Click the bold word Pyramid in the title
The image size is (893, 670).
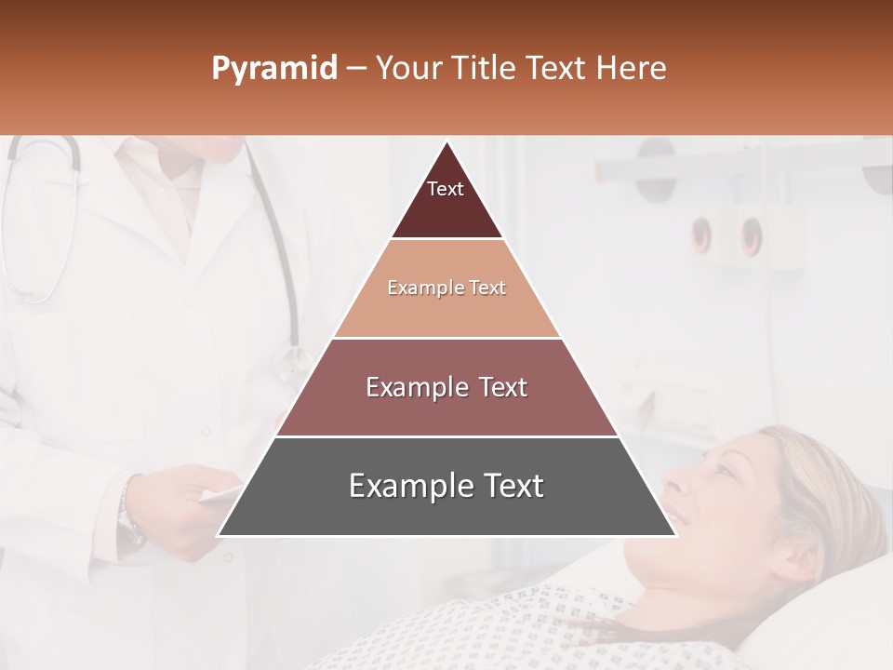click(273, 69)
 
